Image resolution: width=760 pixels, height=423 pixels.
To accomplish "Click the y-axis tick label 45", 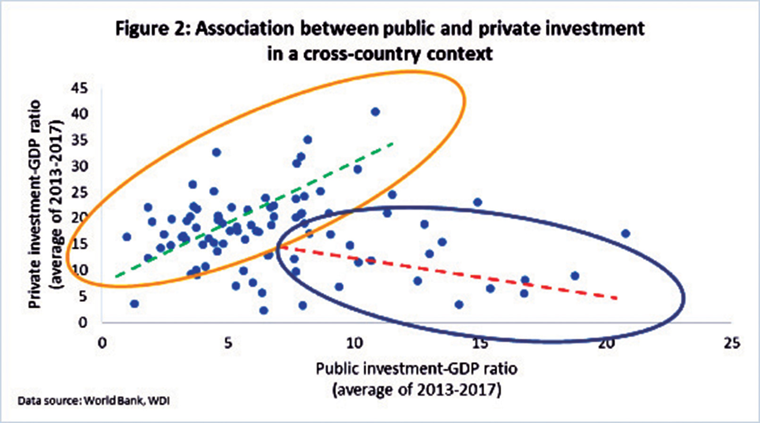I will tap(79, 88).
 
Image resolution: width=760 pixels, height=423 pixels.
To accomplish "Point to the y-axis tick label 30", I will tap(79, 166).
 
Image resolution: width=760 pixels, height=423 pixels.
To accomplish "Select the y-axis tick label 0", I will tap(83, 322).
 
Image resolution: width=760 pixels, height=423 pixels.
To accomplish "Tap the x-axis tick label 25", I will tap(731, 343).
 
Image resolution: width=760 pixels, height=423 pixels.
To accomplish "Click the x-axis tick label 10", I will tap(354, 343).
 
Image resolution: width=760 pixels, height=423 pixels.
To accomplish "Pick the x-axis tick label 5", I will tap(228, 343).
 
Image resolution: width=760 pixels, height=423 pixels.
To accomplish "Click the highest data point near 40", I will tap(375, 112).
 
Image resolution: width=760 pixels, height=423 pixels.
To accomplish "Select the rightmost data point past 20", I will tap(626, 233).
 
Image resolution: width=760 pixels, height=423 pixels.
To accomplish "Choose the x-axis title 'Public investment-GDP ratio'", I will tap(417, 368).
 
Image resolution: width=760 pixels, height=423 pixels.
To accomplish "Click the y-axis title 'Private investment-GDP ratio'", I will tap(34, 204).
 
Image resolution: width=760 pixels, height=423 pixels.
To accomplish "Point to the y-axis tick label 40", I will tap(79, 114).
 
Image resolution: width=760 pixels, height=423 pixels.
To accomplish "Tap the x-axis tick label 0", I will tap(102, 343).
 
